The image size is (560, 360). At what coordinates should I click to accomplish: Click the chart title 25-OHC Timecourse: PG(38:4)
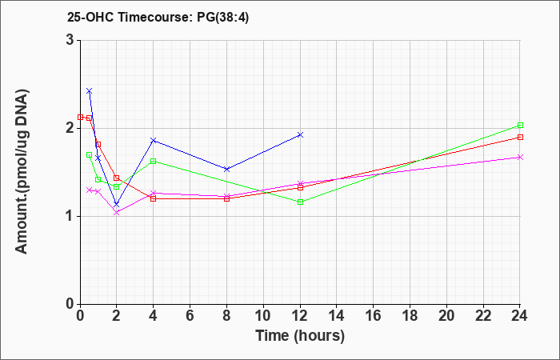click(158, 17)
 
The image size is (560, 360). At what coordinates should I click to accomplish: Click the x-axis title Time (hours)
click(300, 336)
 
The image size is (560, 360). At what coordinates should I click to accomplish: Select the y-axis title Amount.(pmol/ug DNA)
click(22, 172)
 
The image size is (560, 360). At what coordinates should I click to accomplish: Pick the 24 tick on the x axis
click(520, 316)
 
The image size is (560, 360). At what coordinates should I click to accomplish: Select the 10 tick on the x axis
click(263, 316)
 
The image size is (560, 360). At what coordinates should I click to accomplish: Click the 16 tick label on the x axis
click(374, 316)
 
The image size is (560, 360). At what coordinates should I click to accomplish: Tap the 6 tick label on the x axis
click(190, 316)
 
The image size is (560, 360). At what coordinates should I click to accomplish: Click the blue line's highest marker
click(90, 91)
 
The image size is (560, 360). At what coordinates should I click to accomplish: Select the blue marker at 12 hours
click(300, 134)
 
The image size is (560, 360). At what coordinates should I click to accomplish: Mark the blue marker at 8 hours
click(226, 169)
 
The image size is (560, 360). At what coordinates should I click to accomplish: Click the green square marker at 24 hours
click(520, 126)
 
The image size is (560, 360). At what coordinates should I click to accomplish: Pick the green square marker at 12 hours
click(300, 202)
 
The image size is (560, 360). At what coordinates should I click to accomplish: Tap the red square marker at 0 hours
click(80, 117)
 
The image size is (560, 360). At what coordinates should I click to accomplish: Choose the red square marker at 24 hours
click(520, 137)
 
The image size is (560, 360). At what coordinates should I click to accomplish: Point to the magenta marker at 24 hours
click(520, 157)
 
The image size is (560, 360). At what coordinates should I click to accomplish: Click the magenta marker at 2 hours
click(117, 213)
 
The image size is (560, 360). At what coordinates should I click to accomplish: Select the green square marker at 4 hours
click(154, 161)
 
